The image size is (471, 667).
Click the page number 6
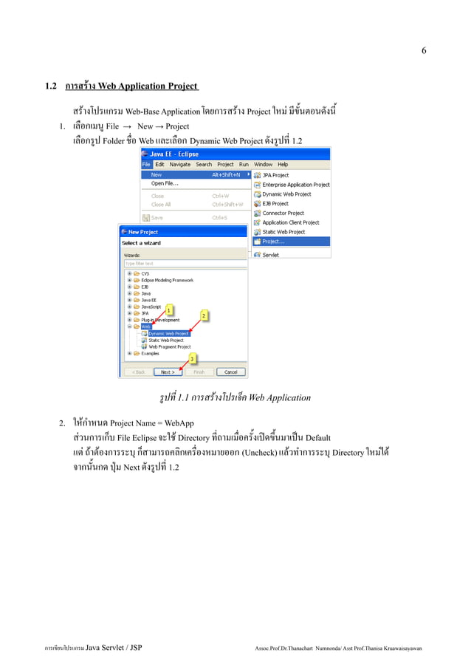tap(424, 51)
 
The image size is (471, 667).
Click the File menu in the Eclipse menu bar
tap(145, 164)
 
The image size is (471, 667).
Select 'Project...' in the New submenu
tap(273, 241)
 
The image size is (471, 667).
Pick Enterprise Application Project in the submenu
tap(295, 185)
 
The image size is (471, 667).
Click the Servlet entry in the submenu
tap(270, 255)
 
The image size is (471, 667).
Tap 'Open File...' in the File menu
tap(165, 183)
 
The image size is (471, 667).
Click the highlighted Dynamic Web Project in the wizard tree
tap(168, 333)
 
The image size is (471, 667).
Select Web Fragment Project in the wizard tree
tap(169, 346)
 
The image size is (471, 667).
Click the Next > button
tap(168, 372)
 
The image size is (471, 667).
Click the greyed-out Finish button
tap(199, 372)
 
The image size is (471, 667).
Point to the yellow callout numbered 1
tap(168, 309)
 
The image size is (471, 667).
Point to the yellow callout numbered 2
tap(203, 315)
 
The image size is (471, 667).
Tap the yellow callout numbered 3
tap(193, 359)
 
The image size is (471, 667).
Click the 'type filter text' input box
tap(184, 264)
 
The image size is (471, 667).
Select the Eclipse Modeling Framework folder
tap(167, 280)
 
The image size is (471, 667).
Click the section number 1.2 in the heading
tap(52, 86)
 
